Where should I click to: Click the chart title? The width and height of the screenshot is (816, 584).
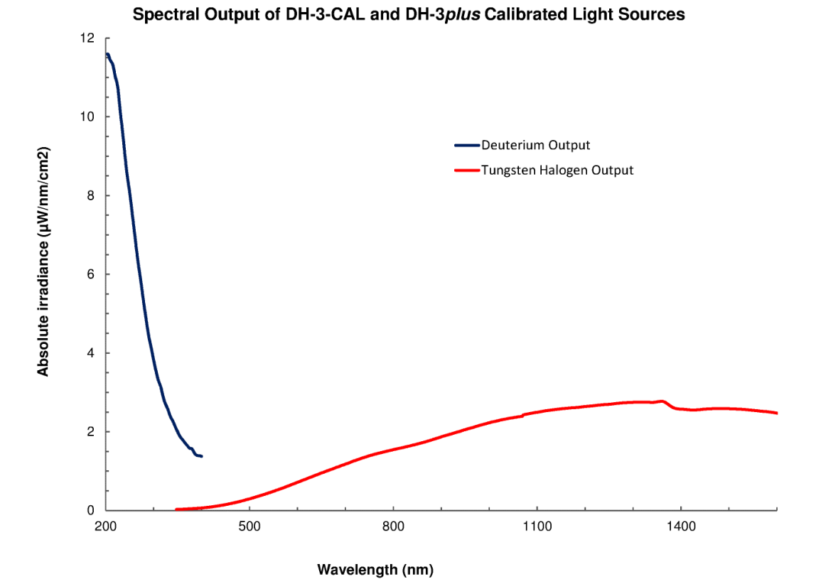[x=409, y=14]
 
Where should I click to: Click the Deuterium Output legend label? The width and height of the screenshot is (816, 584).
[x=535, y=146]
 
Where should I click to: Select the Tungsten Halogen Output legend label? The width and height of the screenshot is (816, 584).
[x=557, y=171]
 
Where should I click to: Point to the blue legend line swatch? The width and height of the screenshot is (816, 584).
[x=467, y=146]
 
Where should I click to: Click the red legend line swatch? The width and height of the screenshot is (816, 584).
[x=467, y=171]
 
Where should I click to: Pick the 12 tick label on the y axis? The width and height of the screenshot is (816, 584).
[x=87, y=38]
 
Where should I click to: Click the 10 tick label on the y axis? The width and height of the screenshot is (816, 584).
[x=87, y=117]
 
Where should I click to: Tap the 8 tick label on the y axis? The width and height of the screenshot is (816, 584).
[x=91, y=196]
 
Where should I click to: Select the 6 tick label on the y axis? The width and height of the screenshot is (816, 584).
[x=91, y=275]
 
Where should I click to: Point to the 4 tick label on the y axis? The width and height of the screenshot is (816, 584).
[x=91, y=353]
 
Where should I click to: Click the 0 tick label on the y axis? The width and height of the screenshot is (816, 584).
[x=91, y=510]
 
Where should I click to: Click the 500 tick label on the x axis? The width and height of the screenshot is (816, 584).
[x=249, y=526]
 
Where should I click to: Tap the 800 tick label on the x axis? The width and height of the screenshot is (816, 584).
[x=393, y=526]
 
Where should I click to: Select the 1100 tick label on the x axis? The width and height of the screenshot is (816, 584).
[x=537, y=526]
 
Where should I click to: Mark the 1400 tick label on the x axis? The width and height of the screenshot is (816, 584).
[x=680, y=526]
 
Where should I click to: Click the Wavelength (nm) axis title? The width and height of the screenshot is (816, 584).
[x=375, y=569]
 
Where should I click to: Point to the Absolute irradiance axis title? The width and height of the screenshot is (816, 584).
[x=43, y=263]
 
